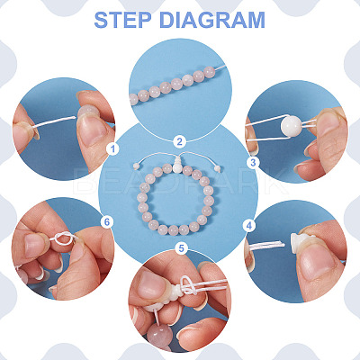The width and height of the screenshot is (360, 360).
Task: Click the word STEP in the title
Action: (x=122, y=20)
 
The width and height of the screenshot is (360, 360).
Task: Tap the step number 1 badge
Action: (x=112, y=148)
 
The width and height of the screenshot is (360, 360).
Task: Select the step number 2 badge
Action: (x=179, y=141)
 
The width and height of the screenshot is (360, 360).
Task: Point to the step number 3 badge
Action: (x=253, y=163)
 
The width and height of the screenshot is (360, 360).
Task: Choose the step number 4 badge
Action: (x=249, y=226)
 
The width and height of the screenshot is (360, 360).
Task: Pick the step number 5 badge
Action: (x=182, y=248)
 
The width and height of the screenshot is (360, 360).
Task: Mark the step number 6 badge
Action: (x=107, y=222)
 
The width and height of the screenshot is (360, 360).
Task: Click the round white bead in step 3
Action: (x=291, y=125)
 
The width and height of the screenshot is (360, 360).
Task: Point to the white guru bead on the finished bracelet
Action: (x=177, y=165)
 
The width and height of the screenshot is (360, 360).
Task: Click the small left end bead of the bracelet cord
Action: (x=136, y=166)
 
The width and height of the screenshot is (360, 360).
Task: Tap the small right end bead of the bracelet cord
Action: (x=219, y=168)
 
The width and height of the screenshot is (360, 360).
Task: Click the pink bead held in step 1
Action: (x=88, y=111)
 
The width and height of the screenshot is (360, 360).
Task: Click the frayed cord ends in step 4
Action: (x=266, y=246)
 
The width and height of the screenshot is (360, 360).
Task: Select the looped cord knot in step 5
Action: (x=188, y=285)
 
